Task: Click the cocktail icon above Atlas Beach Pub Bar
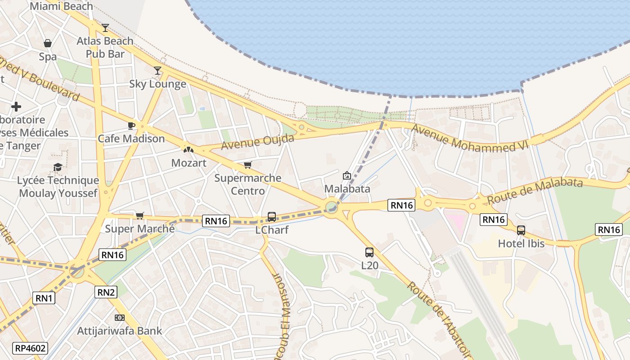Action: tap(105, 28)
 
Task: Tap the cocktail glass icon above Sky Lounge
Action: tap(157, 71)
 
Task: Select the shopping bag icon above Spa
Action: tap(48, 43)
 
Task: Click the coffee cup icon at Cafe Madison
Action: tap(131, 126)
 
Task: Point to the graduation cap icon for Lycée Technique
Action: tap(58, 167)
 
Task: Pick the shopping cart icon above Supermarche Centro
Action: tap(247, 165)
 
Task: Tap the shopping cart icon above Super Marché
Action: tap(139, 216)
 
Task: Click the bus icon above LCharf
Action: tap(272, 217)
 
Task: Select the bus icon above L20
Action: tap(369, 252)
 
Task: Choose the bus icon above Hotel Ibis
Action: tap(521, 230)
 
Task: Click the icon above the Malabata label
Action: tap(347, 175)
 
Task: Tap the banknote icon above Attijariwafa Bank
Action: tap(119, 318)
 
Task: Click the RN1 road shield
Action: tap(44, 297)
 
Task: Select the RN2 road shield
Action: tap(106, 292)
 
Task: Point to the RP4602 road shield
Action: tap(31, 348)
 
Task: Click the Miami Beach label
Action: tap(61, 6)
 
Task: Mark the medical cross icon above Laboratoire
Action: tap(16, 107)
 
